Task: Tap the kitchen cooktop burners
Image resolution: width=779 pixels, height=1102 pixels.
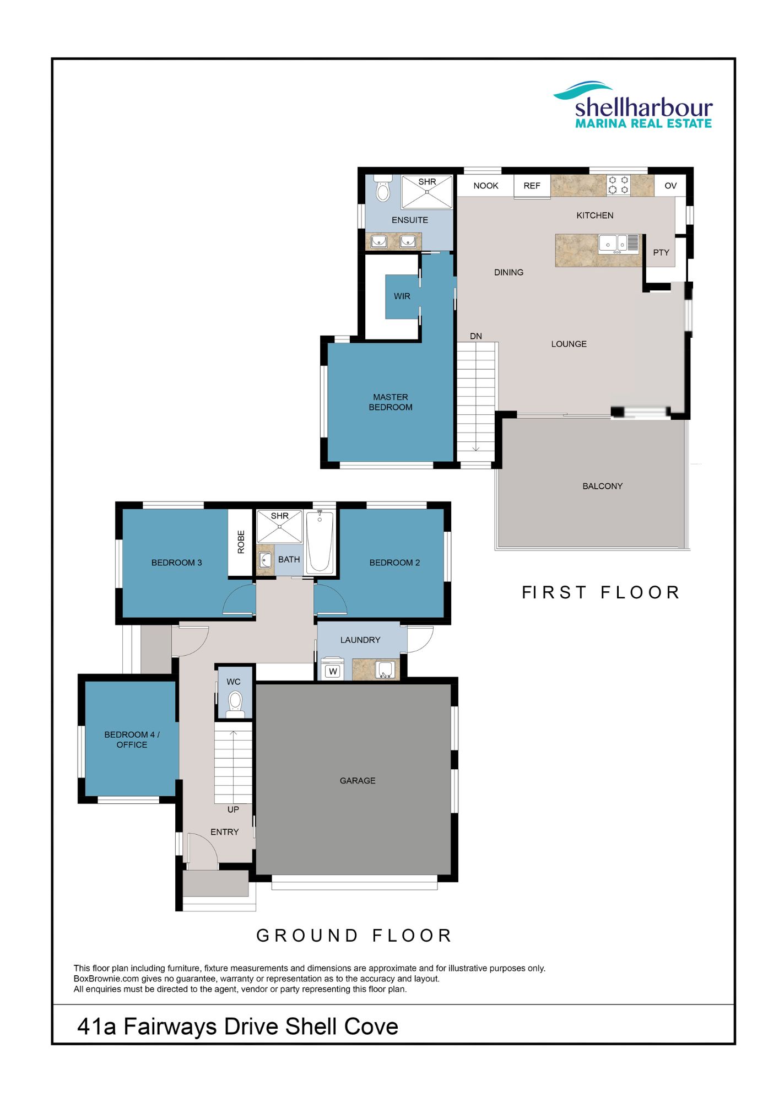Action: (618, 185)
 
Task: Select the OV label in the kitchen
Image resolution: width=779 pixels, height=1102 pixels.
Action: (670, 186)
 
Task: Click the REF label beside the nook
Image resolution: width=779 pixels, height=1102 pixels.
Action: (532, 186)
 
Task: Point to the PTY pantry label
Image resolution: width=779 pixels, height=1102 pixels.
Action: (661, 252)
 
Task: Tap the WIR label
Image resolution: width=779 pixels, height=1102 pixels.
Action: (402, 296)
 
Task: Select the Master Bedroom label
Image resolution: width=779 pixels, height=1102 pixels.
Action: (391, 402)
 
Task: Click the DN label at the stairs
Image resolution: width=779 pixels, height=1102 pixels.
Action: (476, 336)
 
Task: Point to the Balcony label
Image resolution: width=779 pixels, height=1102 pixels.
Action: (603, 486)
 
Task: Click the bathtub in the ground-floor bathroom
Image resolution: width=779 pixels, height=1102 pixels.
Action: (320, 542)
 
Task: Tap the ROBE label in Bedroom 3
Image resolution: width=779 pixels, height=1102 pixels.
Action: (241, 542)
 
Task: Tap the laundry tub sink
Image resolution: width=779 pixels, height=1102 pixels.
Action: (385, 669)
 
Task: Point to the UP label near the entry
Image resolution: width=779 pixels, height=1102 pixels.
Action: (233, 809)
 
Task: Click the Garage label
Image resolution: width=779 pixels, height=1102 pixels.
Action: (358, 781)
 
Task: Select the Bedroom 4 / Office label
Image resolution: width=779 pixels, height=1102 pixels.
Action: (132, 739)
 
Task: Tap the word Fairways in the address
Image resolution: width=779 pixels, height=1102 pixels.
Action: (170, 1027)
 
